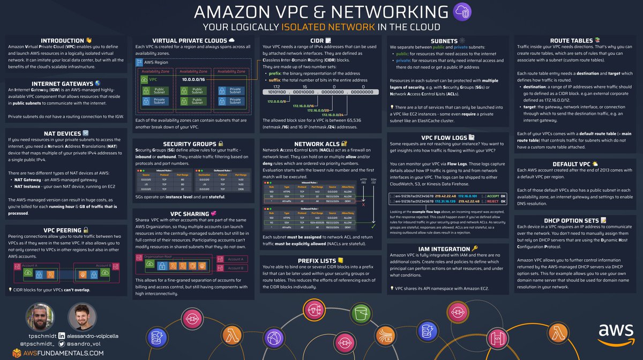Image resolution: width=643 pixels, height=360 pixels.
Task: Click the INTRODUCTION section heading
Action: coord(63,40)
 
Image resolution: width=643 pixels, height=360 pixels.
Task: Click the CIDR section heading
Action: coord(320,40)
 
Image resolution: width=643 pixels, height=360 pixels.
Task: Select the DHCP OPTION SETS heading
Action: coord(572,220)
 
